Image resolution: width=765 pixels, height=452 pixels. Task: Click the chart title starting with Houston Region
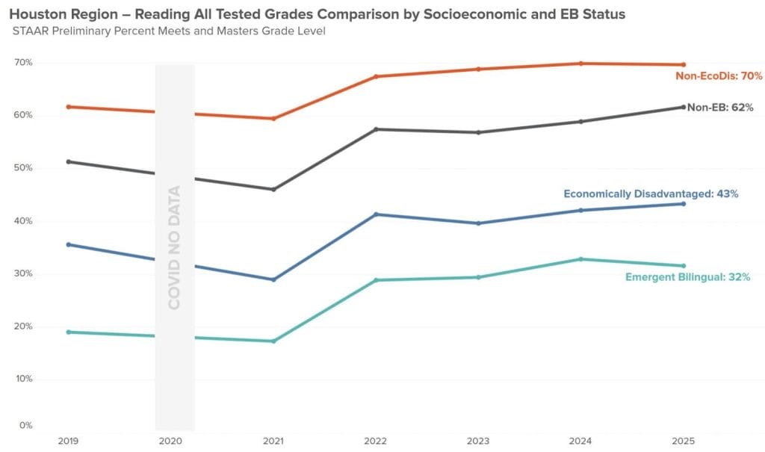click(x=318, y=14)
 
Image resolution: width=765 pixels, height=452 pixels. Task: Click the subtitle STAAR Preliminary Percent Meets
click(x=169, y=31)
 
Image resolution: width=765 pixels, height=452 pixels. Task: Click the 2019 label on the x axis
click(x=68, y=440)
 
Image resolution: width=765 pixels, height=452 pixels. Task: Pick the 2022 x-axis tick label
click(x=376, y=440)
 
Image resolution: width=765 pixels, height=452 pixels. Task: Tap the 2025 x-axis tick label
click(x=683, y=440)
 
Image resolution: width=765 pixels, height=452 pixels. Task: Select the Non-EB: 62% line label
click(x=720, y=108)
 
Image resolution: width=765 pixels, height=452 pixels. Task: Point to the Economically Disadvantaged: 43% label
click(x=651, y=194)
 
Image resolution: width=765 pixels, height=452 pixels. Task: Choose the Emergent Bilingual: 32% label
click(x=687, y=277)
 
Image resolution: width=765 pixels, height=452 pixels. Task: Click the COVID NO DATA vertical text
click(x=174, y=247)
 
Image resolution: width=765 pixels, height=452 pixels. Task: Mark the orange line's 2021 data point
click(x=273, y=119)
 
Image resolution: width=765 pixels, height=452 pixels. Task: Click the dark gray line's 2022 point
click(x=376, y=129)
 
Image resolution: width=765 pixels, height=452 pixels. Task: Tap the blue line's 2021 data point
click(x=273, y=280)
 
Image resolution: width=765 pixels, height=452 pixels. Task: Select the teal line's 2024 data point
click(x=580, y=259)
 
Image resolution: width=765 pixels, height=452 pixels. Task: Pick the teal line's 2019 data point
click(x=69, y=332)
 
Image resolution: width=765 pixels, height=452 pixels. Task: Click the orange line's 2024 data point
click(x=580, y=64)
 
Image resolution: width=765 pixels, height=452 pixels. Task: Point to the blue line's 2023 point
click(x=478, y=223)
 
